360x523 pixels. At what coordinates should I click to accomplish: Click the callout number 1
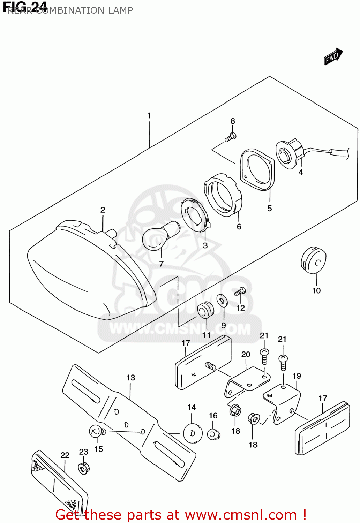click(x=149, y=116)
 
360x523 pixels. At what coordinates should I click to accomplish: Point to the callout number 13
click(x=131, y=378)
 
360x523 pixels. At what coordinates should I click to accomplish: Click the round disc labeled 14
click(x=193, y=433)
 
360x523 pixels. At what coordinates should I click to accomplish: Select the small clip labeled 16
click(x=213, y=434)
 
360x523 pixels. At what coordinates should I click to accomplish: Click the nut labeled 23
click(x=84, y=468)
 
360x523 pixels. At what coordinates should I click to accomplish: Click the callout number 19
click(x=297, y=376)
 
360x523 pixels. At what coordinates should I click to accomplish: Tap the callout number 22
click(x=65, y=455)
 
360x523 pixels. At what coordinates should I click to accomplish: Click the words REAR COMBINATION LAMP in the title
click(x=70, y=10)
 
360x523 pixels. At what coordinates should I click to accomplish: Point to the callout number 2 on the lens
click(x=103, y=210)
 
